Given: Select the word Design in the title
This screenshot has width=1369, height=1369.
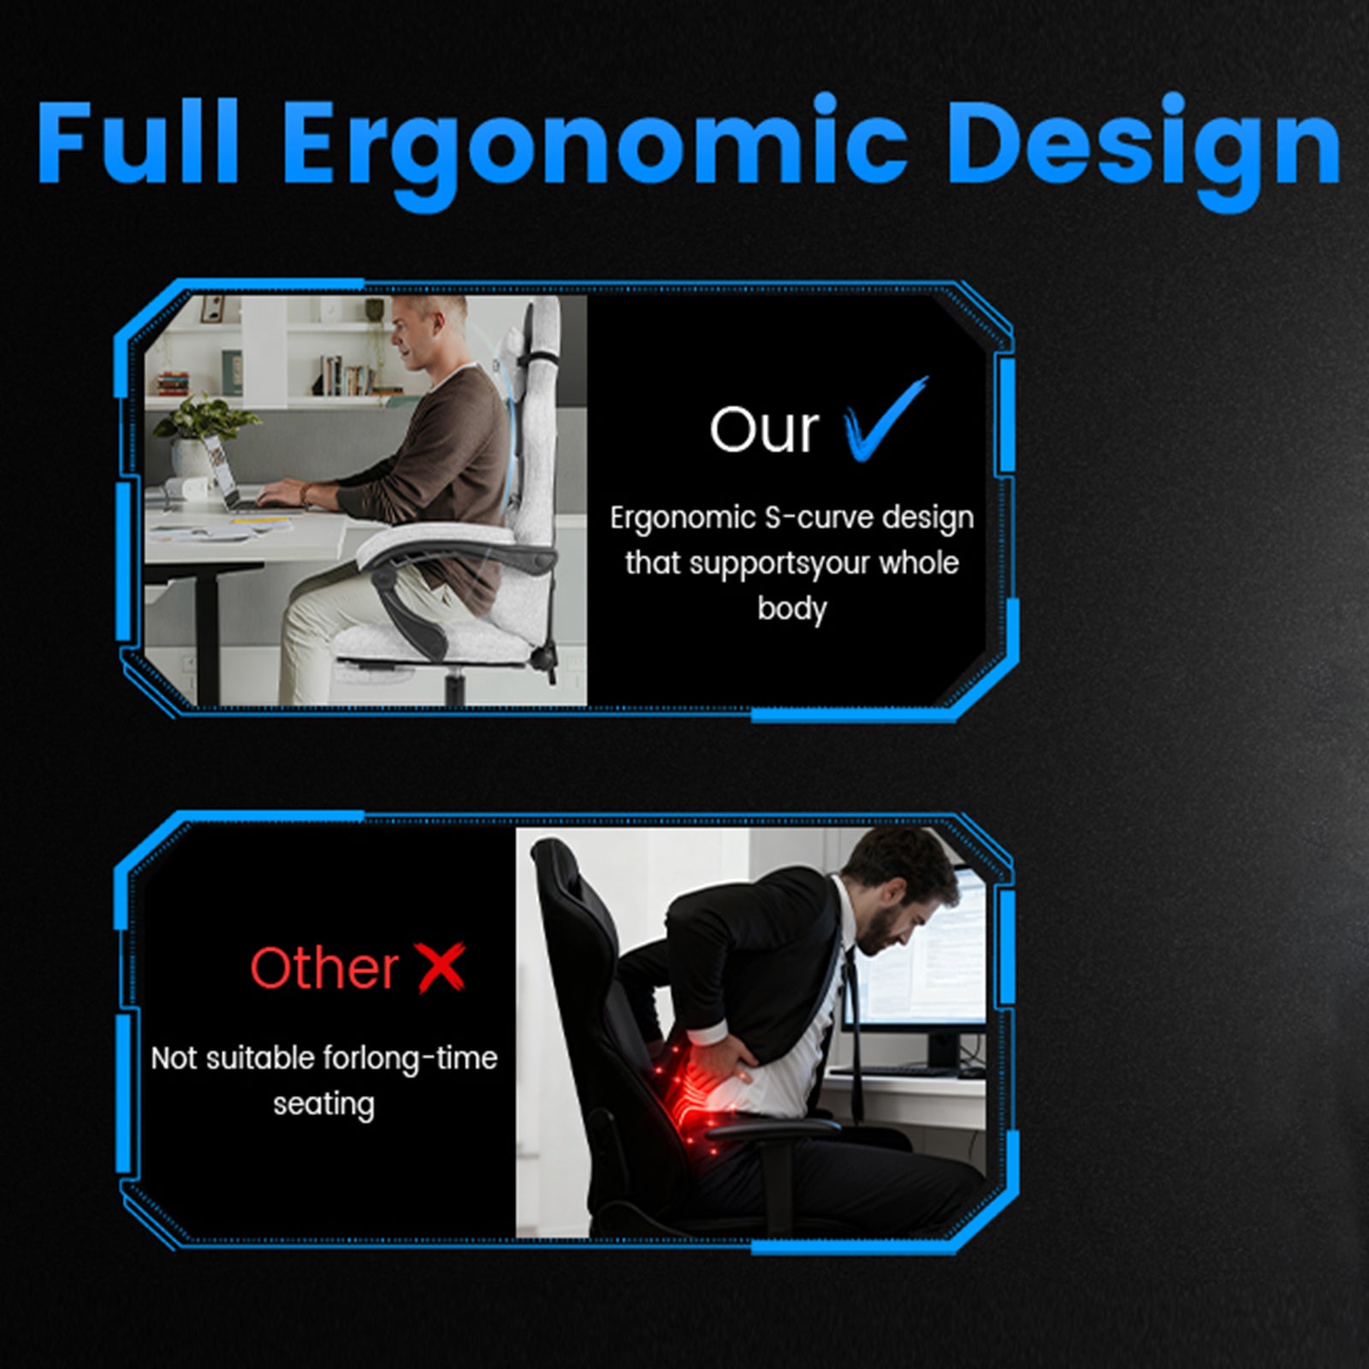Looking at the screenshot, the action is point(1144,151).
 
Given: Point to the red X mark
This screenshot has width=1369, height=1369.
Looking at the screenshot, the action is point(442,967).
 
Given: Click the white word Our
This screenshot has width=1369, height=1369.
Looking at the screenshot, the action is point(764,429).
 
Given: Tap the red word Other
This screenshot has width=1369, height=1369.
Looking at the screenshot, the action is point(324,968).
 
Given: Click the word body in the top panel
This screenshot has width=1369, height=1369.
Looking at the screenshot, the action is point(791,609).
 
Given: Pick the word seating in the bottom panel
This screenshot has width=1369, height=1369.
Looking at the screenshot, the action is point(323,1105).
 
